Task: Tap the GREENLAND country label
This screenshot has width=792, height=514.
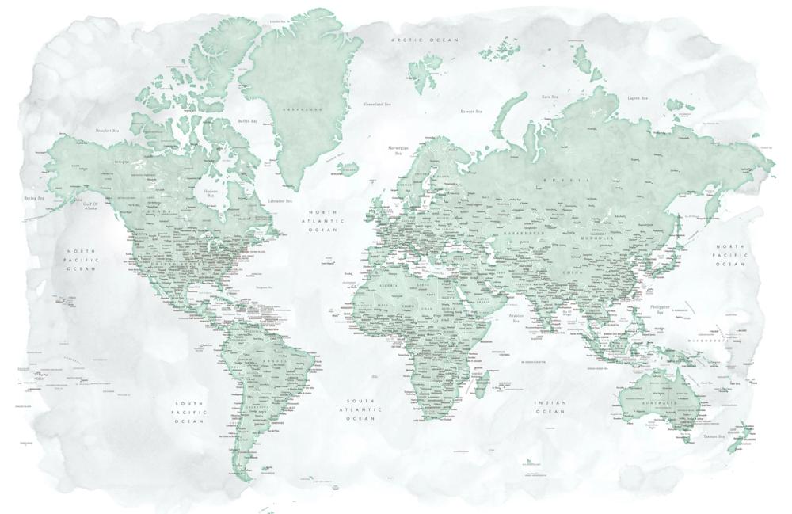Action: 305,108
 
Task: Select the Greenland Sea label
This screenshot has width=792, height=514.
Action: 377,103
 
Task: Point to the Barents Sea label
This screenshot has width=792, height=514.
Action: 472,112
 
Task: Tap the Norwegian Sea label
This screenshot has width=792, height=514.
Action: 397,150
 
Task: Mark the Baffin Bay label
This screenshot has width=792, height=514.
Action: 248,121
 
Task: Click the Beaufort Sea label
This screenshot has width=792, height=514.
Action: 106,130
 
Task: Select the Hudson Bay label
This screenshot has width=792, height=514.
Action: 211,192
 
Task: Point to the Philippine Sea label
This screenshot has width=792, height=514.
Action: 659,308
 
